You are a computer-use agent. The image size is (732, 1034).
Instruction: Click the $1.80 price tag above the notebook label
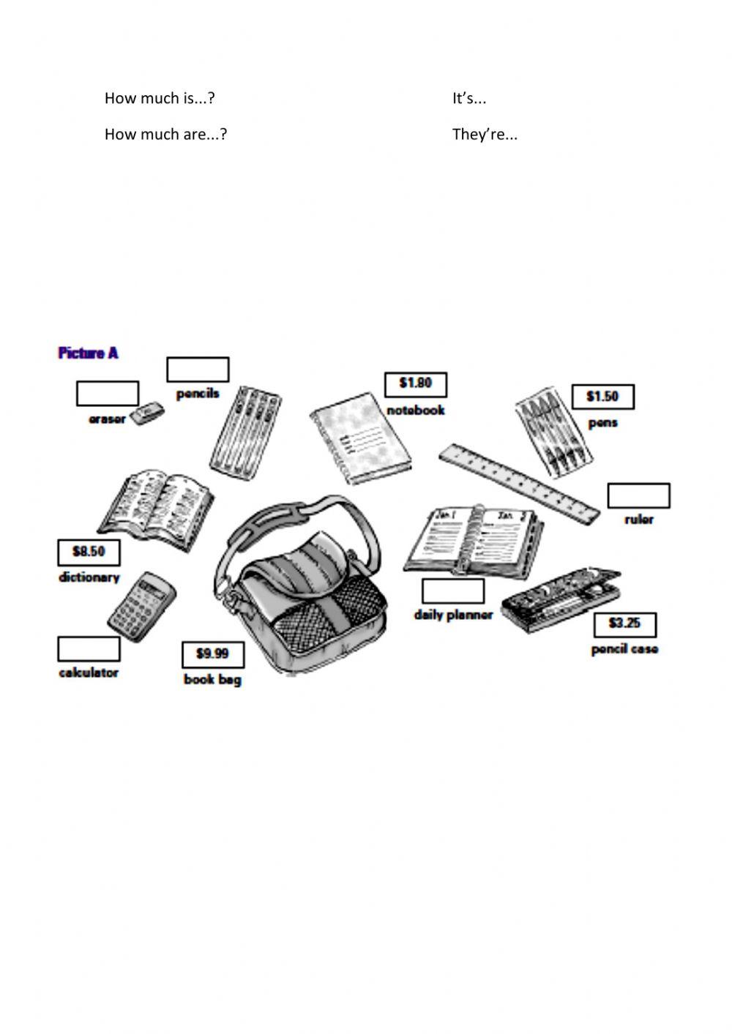(x=416, y=384)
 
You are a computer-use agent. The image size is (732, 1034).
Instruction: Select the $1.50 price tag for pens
(x=602, y=397)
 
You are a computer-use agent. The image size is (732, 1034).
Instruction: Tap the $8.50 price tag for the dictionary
(x=89, y=552)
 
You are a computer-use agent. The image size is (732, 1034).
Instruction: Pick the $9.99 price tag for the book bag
(x=212, y=653)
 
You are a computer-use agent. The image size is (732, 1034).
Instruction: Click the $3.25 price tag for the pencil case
(x=624, y=624)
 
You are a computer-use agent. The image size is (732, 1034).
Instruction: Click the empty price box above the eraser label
(x=107, y=393)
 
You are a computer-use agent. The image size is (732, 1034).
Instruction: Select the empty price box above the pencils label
(x=198, y=370)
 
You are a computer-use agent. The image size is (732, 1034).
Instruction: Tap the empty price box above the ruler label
(x=638, y=495)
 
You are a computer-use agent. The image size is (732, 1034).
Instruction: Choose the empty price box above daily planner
(x=452, y=591)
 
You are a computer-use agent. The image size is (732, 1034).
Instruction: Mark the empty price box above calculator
(x=89, y=648)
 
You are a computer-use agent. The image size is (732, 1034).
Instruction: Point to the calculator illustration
(x=143, y=603)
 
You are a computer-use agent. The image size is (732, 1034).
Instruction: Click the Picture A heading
(x=88, y=353)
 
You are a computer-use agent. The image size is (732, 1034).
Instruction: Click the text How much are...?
(x=165, y=135)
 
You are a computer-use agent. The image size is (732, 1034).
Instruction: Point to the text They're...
(x=484, y=135)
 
